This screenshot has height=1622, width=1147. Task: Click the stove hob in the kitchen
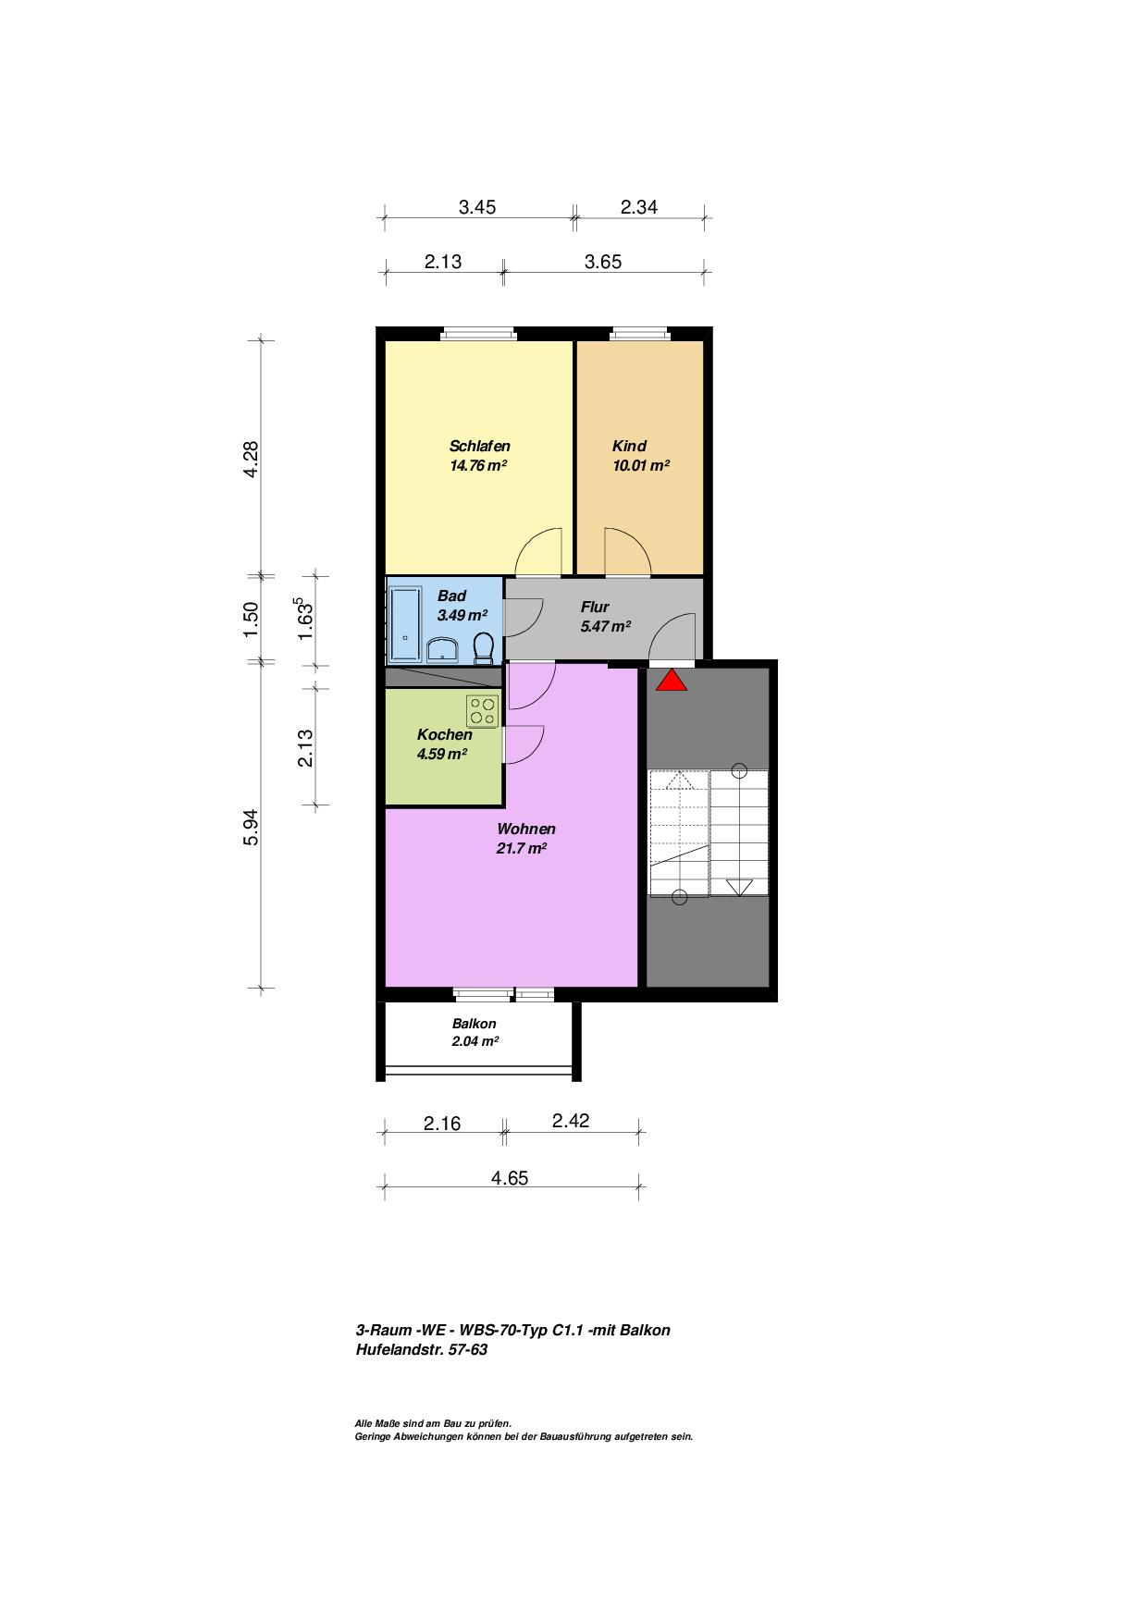tap(482, 710)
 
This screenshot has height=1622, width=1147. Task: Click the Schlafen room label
tap(480, 446)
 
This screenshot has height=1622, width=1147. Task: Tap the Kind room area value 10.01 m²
tap(641, 466)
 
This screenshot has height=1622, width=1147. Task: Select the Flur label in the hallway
tap(595, 607)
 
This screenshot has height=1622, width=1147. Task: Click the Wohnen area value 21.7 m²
tap(522, 849)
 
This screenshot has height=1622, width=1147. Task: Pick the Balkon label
tap(475, 1024)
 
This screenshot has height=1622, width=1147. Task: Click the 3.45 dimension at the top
tap(477, 207)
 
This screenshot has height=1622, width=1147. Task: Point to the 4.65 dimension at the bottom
tap(510, 1178)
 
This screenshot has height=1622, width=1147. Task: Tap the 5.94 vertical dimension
tap(251, 828)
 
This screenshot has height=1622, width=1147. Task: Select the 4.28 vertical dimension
tap(251, 459)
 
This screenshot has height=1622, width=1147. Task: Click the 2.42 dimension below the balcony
tap(571, 1121)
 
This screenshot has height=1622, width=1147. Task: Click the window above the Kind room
tap(637, 334)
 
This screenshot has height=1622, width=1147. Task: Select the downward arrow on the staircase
tap(739, 887)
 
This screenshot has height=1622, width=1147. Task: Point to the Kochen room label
tap(445, 734)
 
